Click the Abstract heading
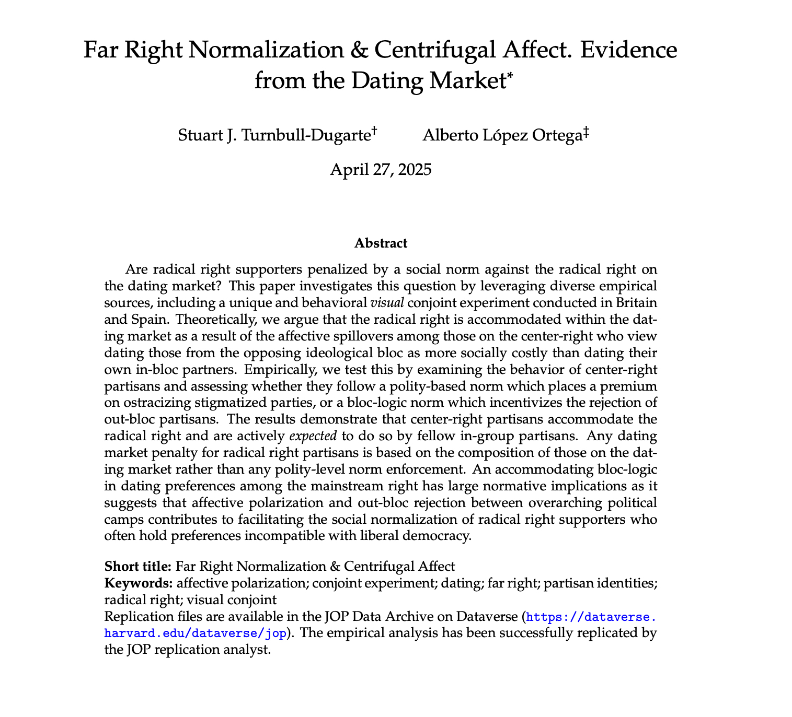381,243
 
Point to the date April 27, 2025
381,170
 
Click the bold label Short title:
138,567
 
